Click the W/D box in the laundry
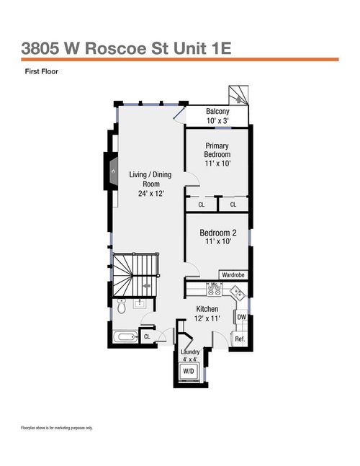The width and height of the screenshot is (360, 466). point(189,370)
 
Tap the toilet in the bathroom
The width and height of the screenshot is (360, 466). point(122,308)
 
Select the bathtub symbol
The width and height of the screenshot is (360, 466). point(124,335)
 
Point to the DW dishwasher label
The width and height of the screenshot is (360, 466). point(241,318)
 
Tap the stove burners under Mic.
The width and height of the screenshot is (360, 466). point(214,292)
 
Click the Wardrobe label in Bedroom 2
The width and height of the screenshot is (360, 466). point(233,274)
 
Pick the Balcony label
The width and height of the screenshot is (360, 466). point(217,112)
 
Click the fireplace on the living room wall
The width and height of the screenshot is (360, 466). point(112,171)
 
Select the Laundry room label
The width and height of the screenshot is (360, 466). point(189,351)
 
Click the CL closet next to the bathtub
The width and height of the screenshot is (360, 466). point(147,336)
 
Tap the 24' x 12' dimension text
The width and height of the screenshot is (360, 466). point(151,193)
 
